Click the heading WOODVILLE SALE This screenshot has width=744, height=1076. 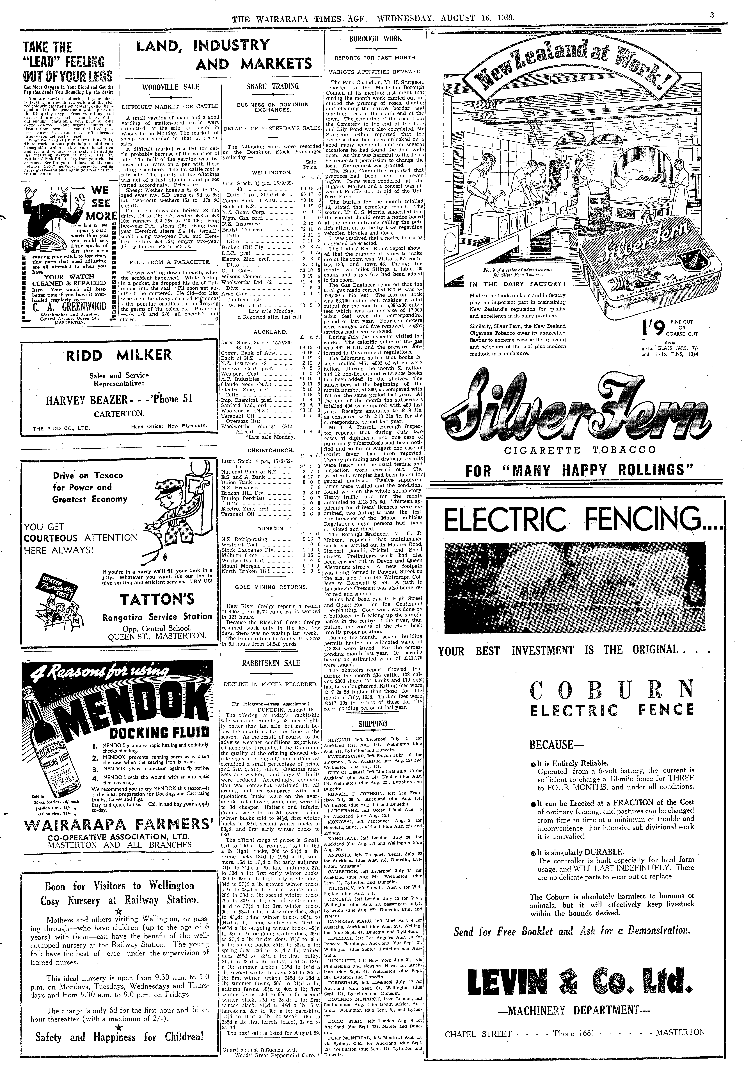point(171,87)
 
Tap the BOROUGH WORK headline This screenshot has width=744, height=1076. point(376,39)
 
